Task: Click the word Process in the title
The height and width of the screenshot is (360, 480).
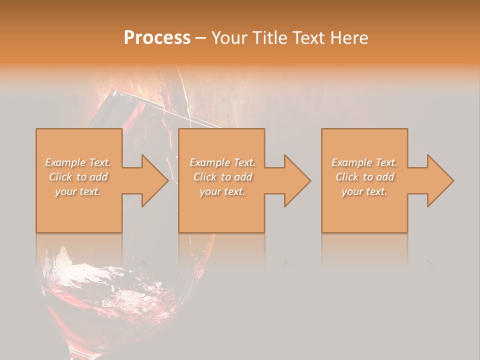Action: pyautogui.click(x=157, y=38)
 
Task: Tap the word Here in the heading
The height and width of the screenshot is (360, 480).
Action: pyautogui.click(x=349, y=38)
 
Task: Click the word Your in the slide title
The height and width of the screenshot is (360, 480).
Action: pyautogui.click(x=230, y=38)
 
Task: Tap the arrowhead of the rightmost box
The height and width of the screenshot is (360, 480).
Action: pyautogui.click(x=439, y=180)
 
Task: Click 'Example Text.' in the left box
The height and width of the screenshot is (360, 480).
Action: pyautogui.click(x=78, y=162)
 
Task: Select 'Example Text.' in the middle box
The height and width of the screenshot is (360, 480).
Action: pyautogui.click(x=222, y=162)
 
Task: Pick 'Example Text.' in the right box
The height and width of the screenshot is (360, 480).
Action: pyautogui.click(x=364, y=162)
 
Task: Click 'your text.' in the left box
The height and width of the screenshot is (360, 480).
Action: pyautogui.click(x=78, y=191)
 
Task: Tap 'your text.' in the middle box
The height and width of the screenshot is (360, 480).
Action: pyautogui.click(x=222, y=191)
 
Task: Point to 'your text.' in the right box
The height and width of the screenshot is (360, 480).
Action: pyautogui.click(x=364, y=191)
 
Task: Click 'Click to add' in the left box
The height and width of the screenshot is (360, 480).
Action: pyautogui.click(x=78, y=177)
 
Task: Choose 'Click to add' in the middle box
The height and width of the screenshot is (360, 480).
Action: pyautogui.click(x=222, y=177)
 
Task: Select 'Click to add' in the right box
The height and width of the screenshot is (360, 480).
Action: pyautogui.click(x=364, y=177)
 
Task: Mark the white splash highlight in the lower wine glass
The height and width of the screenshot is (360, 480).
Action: pyautogui.click(x=65, y=260)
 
